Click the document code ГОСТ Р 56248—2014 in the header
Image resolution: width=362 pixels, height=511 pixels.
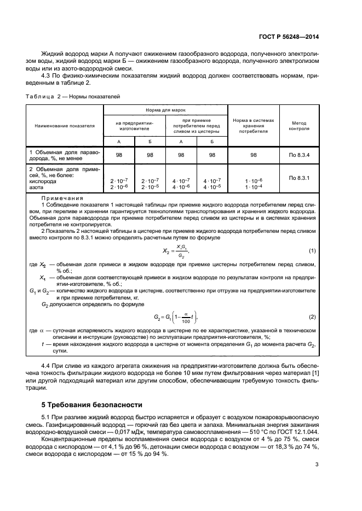289,37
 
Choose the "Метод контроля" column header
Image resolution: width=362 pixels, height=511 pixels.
299,126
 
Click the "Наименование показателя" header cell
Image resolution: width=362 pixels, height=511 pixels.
65,125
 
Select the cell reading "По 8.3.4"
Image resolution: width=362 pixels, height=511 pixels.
299,155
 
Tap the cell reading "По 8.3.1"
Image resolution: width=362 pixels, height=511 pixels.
299,178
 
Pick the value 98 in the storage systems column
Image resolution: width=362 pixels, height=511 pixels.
253,155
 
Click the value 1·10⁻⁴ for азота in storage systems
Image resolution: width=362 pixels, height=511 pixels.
253,187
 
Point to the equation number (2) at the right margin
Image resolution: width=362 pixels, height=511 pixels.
312,317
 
